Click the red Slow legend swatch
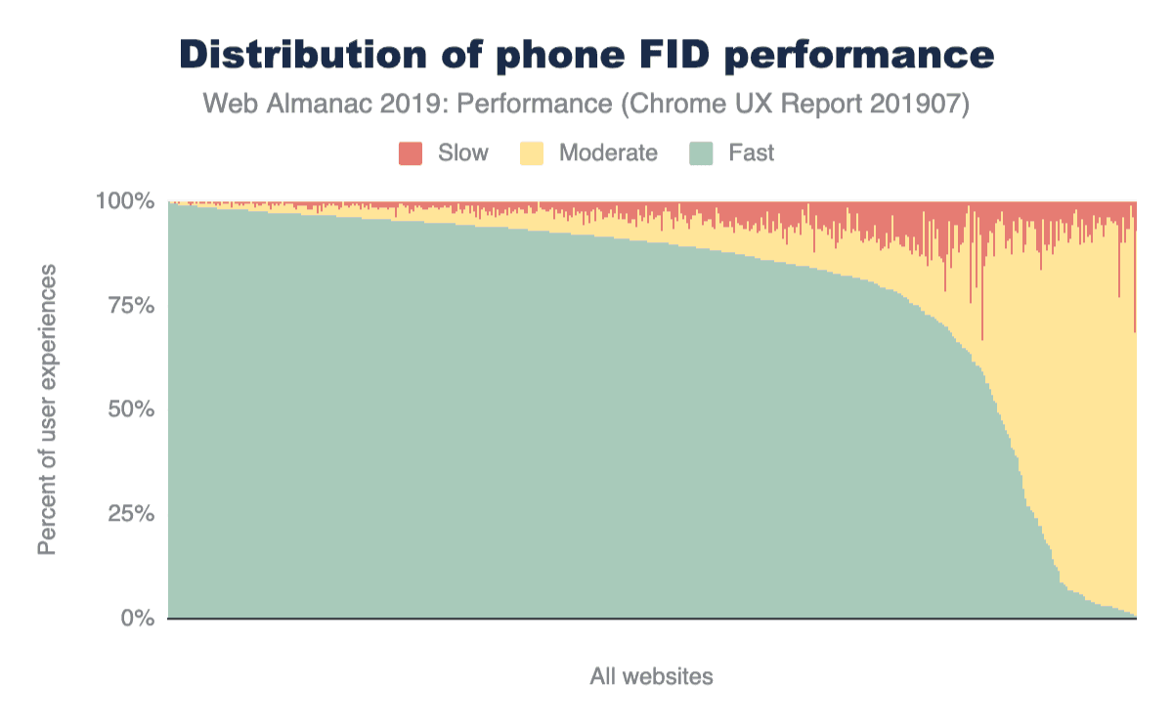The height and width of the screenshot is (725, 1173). [411, 153]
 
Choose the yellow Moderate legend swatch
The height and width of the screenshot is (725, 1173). [531, 153]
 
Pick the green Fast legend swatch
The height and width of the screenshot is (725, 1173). [702, 153]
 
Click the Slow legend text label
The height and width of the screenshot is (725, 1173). [462, 153]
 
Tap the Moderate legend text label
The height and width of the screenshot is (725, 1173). [608, 153]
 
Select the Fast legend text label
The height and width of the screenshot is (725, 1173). [751, 153]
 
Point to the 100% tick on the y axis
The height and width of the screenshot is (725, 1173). [124, 202]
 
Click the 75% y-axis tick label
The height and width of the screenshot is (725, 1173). [129, 306]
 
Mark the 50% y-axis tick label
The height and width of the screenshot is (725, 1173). [129, 409]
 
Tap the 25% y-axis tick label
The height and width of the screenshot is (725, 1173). [129, 514]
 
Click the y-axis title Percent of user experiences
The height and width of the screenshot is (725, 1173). [47, 409]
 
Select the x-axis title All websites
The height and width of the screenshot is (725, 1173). [651, 676]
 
